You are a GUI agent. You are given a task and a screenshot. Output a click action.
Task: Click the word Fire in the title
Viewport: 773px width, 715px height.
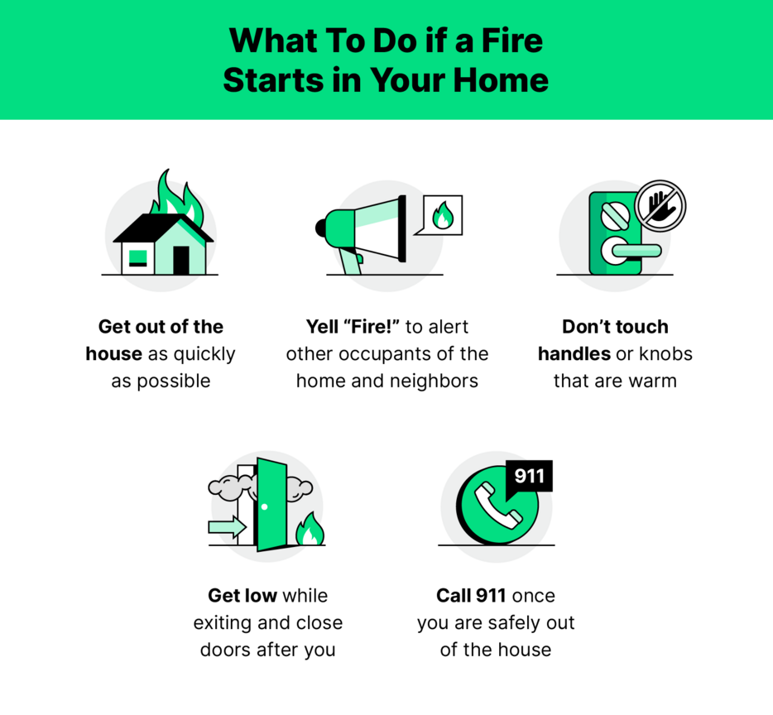(511, 41)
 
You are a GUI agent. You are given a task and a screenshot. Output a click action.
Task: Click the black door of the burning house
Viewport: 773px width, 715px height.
(181, 261)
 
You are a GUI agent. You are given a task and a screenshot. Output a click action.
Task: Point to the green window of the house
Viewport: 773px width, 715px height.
(137, 258)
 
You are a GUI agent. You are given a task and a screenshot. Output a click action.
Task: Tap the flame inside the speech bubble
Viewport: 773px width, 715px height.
(443, 215)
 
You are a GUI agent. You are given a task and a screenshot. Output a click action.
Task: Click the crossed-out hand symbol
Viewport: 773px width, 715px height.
(660, 204)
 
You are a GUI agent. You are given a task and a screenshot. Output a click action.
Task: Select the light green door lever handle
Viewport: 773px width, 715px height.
(636, 250)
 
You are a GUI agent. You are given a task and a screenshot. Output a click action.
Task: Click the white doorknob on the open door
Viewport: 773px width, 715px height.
(264, 507)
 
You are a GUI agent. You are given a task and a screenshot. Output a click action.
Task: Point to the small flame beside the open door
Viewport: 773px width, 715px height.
(310, 528)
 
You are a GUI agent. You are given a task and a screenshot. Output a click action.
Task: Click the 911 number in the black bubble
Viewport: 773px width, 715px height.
(530, 476)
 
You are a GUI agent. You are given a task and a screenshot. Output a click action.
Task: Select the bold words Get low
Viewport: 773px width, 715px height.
(242, 595)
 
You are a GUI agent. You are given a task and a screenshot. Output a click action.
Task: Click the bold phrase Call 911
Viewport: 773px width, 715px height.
(471, 595)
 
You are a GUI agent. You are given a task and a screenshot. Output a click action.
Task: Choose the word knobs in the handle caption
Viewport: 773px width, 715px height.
(665, 353)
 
